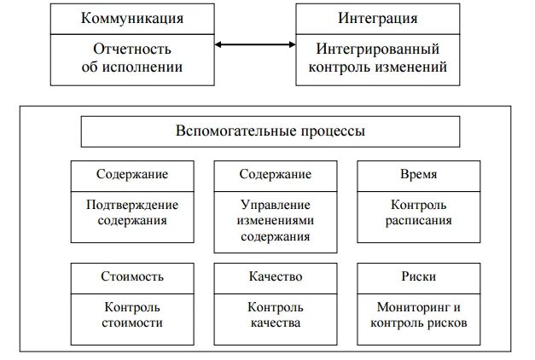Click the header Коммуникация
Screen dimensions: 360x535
131,17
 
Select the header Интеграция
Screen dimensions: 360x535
380,17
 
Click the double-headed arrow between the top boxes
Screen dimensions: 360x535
255,44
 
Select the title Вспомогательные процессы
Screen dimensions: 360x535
270,131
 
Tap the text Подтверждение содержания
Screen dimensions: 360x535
131,212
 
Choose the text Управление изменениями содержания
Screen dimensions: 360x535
275,220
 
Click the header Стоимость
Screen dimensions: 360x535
131,277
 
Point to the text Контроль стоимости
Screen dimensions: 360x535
131,315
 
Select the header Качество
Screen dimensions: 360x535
275,277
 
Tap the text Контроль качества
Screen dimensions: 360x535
275,315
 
